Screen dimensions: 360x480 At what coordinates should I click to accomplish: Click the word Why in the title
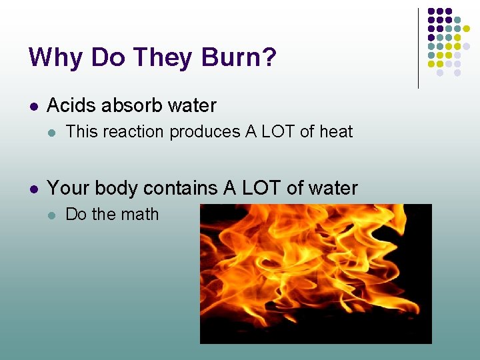click(56, 57)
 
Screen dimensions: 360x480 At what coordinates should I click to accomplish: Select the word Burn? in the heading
click(238, 57)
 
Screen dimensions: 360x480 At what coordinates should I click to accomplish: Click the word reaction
click(134, 132)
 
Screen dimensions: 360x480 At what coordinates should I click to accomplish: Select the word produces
click(205, 132)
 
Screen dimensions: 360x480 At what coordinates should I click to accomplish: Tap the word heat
click(335, 132)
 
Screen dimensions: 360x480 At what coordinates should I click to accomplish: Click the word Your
click(69, 189)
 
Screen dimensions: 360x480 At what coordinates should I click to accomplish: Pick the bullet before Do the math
click(52, 215)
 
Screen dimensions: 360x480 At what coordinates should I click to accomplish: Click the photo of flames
click(315, 273)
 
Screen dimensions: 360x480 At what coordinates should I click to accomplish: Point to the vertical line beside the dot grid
click(418, 48)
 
